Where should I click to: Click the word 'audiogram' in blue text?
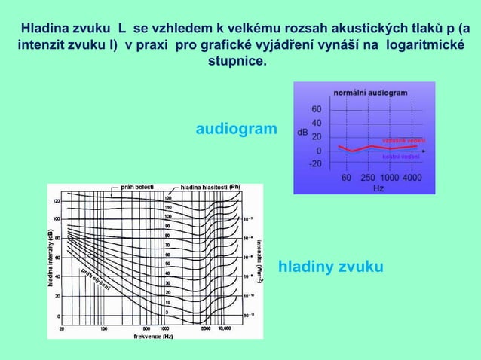click(x=236, y=130)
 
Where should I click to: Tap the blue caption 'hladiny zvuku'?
click(x=331, y=267)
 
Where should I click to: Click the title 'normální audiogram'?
click(x=371, y=92)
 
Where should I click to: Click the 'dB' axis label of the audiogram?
click(x=302, y=132)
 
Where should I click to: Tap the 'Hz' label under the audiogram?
click(x=379, y=188)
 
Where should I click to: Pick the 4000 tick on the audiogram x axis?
click(x=412, y=177)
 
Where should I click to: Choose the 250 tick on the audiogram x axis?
click(x=369, y=177)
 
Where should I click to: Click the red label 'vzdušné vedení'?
click(x=403, y=141)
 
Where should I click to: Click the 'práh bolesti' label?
click(x=138, y=187)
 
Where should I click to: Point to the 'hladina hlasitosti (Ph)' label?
click(x=210, y=187)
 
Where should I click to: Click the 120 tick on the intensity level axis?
click(x=57, y=201)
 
